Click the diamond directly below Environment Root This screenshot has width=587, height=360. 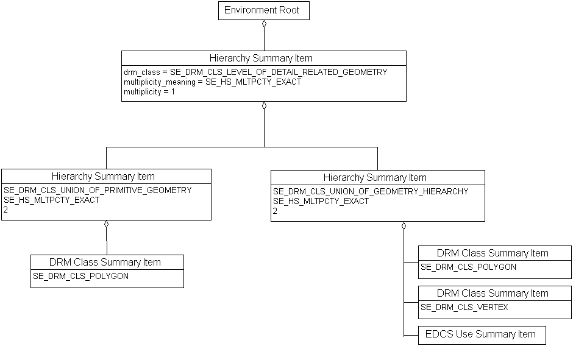click(264, 24)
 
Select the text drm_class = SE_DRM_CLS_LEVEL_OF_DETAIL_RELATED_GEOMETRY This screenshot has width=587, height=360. click(255, 72)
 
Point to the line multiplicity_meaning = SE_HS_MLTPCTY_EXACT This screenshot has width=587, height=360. click(212, 82)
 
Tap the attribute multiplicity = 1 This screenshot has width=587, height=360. click(149, 91)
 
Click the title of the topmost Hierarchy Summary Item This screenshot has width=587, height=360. click(261, 58)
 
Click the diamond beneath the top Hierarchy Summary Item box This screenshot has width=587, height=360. click(264, 105)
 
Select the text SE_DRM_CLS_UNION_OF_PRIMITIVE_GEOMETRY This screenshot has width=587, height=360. click(98, 190)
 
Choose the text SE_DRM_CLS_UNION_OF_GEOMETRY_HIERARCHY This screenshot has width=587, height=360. click(371, 191)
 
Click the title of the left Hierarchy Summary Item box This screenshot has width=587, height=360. click(103, 176)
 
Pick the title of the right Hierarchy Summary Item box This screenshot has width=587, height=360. click(375, 177)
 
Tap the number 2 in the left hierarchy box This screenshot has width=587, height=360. click(5, 210)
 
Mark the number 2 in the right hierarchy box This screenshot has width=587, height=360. click(275, 211)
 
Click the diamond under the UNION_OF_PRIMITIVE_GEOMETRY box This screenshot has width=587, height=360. click(106, 224)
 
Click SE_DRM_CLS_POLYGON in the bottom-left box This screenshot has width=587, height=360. click(80, 276)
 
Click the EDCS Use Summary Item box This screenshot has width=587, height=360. click(481, 334)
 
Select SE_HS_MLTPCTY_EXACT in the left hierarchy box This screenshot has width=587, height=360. click(51, 200)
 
